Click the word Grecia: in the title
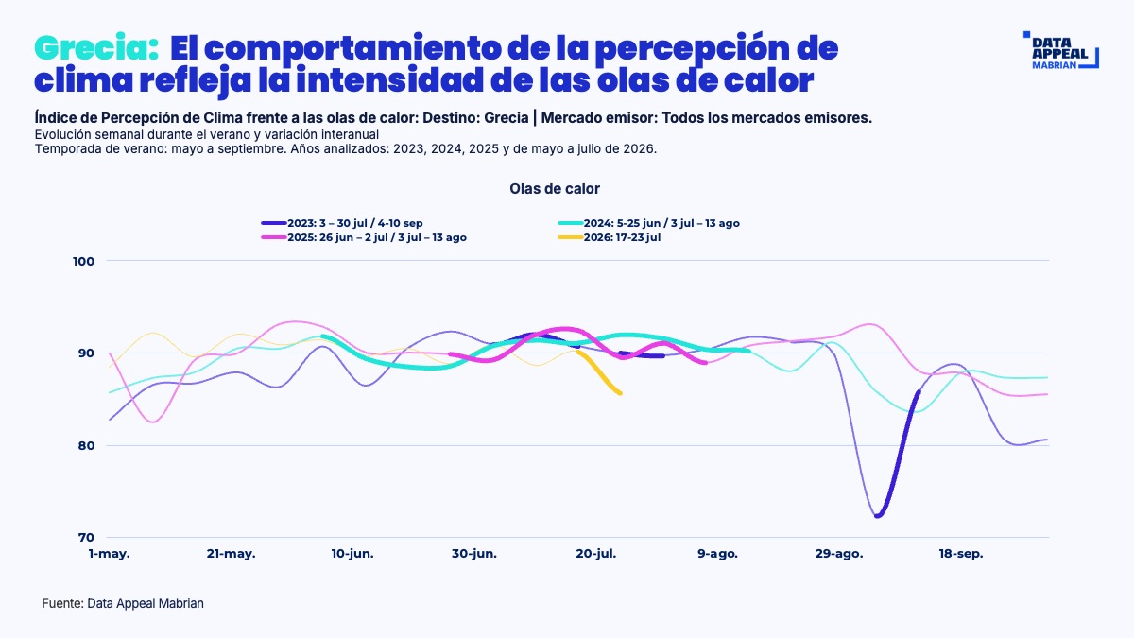click(x=96, y=48)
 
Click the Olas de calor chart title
click(x=555, y=189)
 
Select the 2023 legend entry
click(x=342, y=223)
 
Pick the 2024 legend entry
click(x=648, y=223)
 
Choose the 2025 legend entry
click(x=364, y=237)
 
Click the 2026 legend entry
click(x=609, y=237)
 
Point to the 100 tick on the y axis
click(x=83, y=261)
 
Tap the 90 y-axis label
click(x=86, y=353)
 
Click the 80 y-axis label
click(x=86, y=445)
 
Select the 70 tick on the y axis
click(x=86, y=537)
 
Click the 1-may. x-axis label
click(x=109, y=554)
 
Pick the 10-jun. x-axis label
click(x=352, y=554)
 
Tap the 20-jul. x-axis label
click(x=596, y=554)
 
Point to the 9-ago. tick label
click(x=717, y=554)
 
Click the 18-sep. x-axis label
click(x=961, y=554)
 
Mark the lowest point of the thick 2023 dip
click(x=877, y=516)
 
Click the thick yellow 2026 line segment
click(x=599, y=373)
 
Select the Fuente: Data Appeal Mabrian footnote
click(x=123, y=604)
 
